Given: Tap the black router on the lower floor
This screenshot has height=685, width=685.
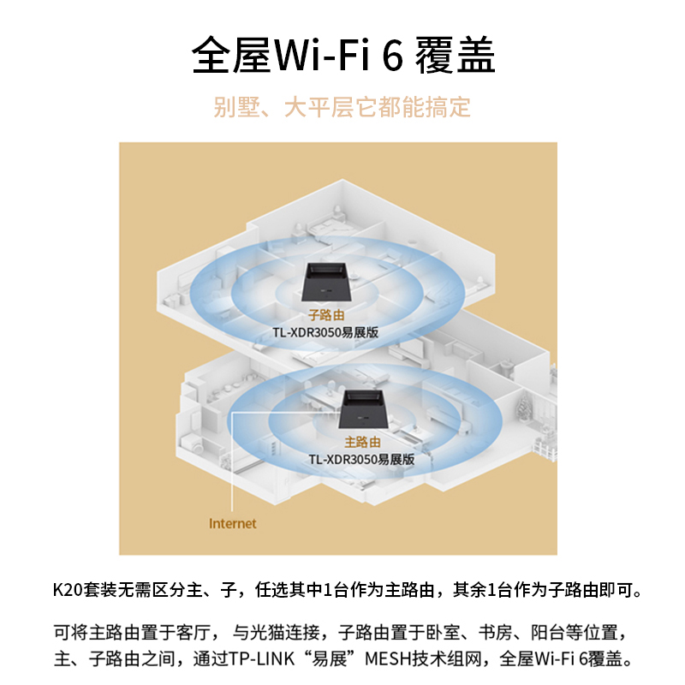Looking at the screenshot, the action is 366,407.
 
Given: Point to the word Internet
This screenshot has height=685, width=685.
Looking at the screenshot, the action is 233,523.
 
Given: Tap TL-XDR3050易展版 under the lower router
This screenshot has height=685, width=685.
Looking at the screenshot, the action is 361,459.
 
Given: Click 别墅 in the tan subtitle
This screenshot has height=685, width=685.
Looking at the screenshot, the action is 230,108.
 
